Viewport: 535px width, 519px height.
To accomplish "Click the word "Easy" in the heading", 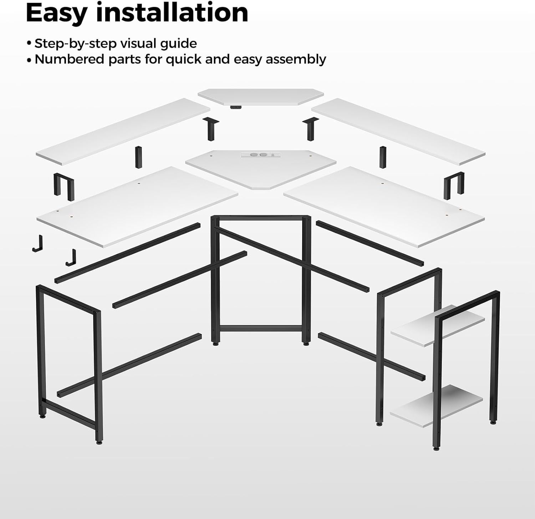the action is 57,13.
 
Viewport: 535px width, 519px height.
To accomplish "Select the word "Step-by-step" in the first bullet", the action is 76,44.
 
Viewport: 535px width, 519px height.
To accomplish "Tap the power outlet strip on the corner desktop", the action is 259,155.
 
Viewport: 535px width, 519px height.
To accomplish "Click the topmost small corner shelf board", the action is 261,97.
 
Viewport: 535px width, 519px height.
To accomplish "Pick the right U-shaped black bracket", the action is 454,185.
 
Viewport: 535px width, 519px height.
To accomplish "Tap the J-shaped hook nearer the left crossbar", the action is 71,258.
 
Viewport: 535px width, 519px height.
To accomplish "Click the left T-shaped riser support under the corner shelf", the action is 211,129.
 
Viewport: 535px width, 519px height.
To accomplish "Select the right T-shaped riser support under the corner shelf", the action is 310,129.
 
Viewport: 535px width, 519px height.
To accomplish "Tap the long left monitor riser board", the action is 123,132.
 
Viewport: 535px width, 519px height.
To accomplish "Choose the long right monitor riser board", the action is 398,132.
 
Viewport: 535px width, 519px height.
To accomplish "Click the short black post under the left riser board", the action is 138,157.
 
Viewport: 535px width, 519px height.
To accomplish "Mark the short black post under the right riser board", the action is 383,157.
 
